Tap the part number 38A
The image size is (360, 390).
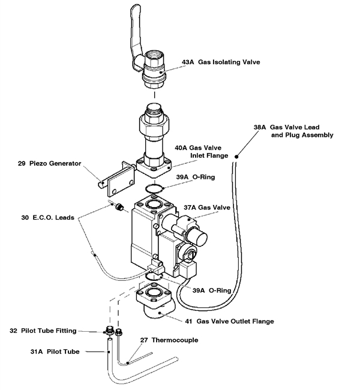(259, 127)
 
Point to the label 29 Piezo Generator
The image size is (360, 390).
(52, 163)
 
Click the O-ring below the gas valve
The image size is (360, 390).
(157, 276)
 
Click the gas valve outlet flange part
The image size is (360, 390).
(158, 303)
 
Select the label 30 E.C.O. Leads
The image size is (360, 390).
(44, 218)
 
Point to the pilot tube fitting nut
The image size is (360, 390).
(110, 330)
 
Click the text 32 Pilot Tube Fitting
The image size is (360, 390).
(52, 331)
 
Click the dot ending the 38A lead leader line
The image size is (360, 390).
(238, 157)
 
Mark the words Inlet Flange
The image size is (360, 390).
(209, 155)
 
